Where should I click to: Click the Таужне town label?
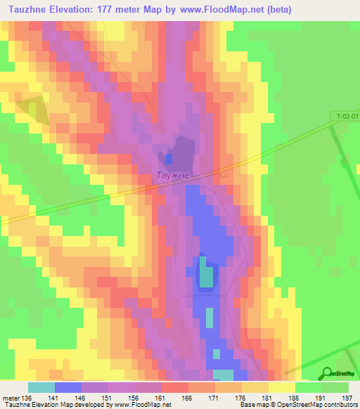pos(172,175)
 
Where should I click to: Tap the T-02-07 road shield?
pos(344,114)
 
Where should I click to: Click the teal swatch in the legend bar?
pos(41,387)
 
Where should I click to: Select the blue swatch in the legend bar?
pos(68,387)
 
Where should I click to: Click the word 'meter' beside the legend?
pos(10,398)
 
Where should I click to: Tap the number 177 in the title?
pos(120,9)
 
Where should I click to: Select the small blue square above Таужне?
pos(168,157)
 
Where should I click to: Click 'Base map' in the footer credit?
pos(254,405)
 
